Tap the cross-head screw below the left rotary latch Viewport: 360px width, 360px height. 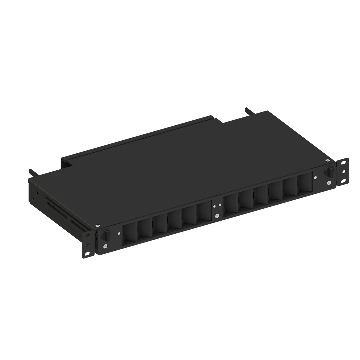pos(105,246)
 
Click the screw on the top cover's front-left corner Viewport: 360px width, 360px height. pos(97,226)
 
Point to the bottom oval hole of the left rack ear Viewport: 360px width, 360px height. pos(88,254)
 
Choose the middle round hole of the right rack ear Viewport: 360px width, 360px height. pos(344,173)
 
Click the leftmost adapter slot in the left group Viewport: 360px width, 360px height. pos(130,234)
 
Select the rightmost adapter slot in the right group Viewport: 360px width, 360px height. pos(305,184)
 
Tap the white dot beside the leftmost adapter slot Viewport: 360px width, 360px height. pos(119,234)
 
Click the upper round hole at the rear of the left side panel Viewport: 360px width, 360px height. pos(37,192)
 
